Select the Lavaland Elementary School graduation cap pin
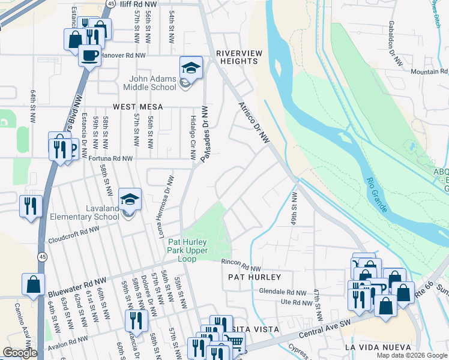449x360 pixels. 129,200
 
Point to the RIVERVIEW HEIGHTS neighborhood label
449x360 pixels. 240,58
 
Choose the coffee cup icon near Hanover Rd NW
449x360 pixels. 90,56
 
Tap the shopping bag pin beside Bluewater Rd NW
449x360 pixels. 34,285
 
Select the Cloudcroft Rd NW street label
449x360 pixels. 74,230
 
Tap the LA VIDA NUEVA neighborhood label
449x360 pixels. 378,348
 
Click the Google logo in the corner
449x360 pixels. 20,353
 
